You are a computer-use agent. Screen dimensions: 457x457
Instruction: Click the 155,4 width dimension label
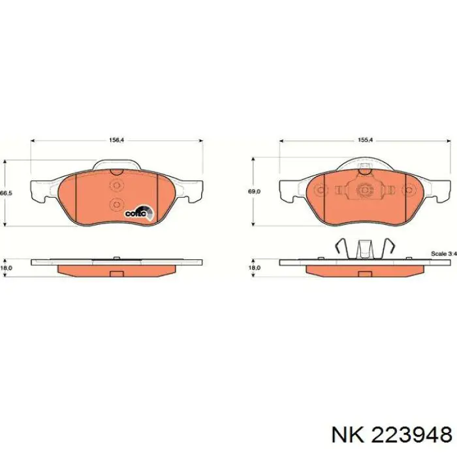click(x=365, y=139)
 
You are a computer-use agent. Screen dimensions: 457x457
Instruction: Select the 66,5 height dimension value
click(x=6, y=193)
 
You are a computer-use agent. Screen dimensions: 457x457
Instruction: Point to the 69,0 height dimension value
click(x=255, y=191)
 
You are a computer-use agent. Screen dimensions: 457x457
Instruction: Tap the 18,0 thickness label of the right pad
click(x=255, y=267)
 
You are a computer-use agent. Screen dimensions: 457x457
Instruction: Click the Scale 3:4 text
click(x=443, y=253)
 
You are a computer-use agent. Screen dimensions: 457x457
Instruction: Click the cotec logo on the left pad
click(x=138, y=212)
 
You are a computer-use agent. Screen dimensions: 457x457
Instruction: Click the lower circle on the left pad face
click(x=116, y=204)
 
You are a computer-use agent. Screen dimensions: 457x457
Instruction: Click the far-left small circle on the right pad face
click(x=320, y=191)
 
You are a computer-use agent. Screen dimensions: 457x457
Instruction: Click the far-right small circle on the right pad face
click(x=409, y=191)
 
